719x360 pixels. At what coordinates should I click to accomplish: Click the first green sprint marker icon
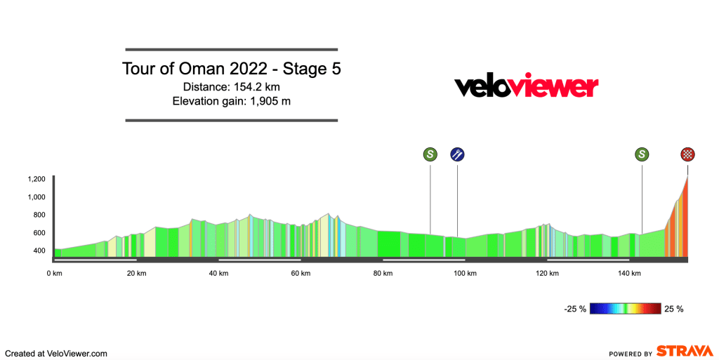click(430, 154)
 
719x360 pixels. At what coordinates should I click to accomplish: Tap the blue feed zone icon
click(457, 154)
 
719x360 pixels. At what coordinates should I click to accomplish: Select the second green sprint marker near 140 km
click(642, 154)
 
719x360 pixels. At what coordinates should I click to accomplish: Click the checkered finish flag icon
click(687, 154)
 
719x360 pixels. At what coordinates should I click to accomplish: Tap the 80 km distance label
click(383, 274)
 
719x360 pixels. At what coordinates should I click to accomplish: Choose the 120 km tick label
click(547, 274)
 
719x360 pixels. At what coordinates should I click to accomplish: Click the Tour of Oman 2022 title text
click(232, 69)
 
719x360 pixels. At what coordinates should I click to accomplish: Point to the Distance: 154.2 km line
click(232, 87)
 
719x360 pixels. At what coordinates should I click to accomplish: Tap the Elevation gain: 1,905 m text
click(232, 101)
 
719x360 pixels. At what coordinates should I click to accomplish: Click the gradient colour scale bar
click(626, 308)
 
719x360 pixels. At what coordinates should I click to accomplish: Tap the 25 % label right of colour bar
click(673, 308)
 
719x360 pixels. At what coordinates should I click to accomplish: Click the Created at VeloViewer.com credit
click(56, 354)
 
